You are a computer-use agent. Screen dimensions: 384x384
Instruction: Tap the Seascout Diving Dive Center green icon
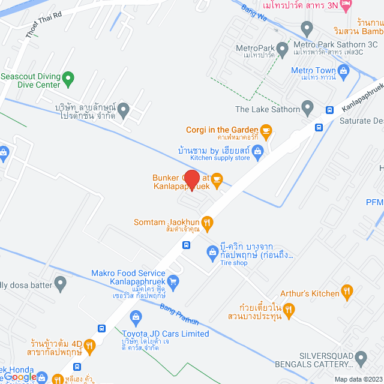68,77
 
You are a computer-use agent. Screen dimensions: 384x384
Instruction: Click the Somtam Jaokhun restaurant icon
207,223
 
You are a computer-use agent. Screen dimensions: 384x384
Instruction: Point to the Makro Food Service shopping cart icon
173,280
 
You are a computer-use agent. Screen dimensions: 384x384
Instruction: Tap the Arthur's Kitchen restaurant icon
347,292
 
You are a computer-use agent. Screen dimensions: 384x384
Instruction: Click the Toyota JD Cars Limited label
166,334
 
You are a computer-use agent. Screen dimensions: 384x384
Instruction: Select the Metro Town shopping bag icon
344,71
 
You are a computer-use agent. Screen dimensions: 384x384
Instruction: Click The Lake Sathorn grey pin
307,109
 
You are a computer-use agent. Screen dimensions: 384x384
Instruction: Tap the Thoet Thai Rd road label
44,25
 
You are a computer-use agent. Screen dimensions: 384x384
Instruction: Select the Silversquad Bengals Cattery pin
361,358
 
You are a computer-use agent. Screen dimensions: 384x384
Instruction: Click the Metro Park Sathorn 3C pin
307,28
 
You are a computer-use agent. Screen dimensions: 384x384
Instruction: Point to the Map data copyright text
358,379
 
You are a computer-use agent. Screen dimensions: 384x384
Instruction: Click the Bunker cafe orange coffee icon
217,178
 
